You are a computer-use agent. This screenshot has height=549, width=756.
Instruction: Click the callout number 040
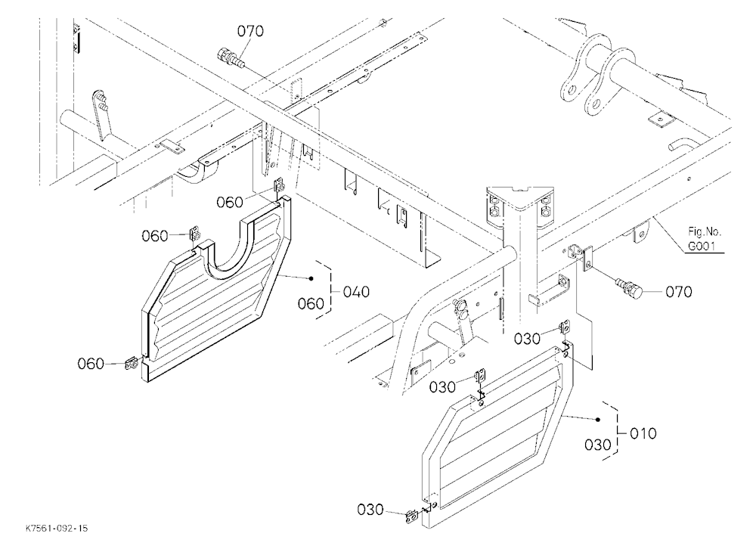[356, 292]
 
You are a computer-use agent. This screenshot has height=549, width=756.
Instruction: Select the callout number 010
[643, 433]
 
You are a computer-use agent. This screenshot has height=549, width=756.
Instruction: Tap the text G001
[702, 247]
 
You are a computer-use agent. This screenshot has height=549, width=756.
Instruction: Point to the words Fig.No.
[705, 232]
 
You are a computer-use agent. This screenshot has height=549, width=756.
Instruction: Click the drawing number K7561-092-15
[57, 529]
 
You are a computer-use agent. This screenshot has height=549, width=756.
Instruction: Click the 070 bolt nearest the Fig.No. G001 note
[629, 287]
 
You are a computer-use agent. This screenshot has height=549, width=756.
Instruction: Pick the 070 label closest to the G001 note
[678, 292]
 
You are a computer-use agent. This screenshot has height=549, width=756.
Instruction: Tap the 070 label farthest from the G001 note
[250, 31]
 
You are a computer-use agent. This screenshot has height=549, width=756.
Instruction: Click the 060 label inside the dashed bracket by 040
[311, 304]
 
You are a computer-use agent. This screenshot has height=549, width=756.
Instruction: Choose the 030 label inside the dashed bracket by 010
[597, 445]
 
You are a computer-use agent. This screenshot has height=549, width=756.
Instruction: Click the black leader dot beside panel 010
[598, 420]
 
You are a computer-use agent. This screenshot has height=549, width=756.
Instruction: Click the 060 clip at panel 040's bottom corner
[131, 364]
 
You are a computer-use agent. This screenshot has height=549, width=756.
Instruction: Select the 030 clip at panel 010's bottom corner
[412, 516]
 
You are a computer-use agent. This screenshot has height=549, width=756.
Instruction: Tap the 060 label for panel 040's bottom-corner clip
[91, 364]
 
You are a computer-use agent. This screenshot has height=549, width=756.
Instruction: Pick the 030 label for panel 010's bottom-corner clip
[370, 510]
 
